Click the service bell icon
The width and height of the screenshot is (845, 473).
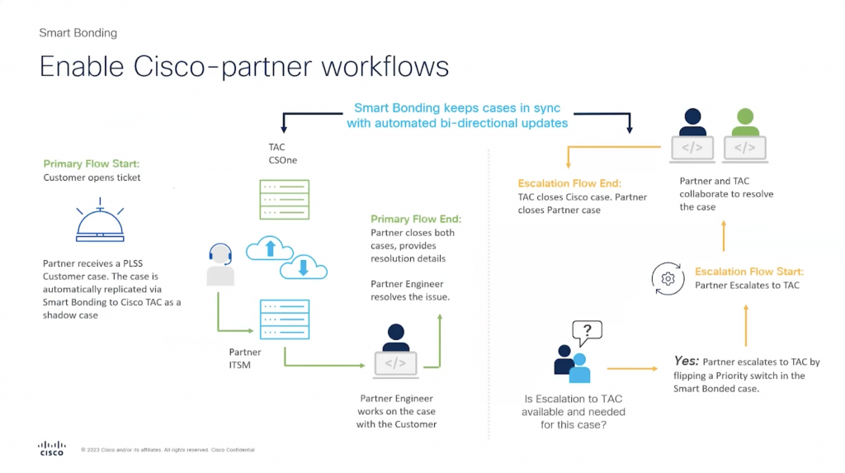pyautogui.click(x=99, y=220)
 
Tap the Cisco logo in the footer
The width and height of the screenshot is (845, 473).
pyautogui.click(x=51, y=447)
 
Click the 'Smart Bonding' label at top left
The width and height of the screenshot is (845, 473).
pyautogui.click(x=78, y=33)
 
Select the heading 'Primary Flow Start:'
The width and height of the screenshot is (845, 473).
pyautogui.click(x=92, y=164)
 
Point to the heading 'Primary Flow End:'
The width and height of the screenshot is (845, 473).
pyautogui.click(x=416, y=219)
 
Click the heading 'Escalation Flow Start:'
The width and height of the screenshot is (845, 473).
pyautogui.click(x=749, y=272)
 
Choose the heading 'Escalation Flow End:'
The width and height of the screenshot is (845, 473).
pyautogui.click(x=569, y=183)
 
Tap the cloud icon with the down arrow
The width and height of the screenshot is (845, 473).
pyautogui.click(x=303, y=267)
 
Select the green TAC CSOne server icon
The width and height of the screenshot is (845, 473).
pyautogui.click(x=284, y=200)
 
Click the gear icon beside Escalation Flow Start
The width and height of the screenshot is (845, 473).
pyautogui.click(x=668, y=279)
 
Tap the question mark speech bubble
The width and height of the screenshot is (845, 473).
pyautogui.click(x=587, y=333)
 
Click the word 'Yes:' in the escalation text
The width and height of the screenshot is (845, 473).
pyautogui.click(x=687, y=362)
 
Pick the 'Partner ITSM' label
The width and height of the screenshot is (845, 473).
pyautogui.click(x=245, y=358)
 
